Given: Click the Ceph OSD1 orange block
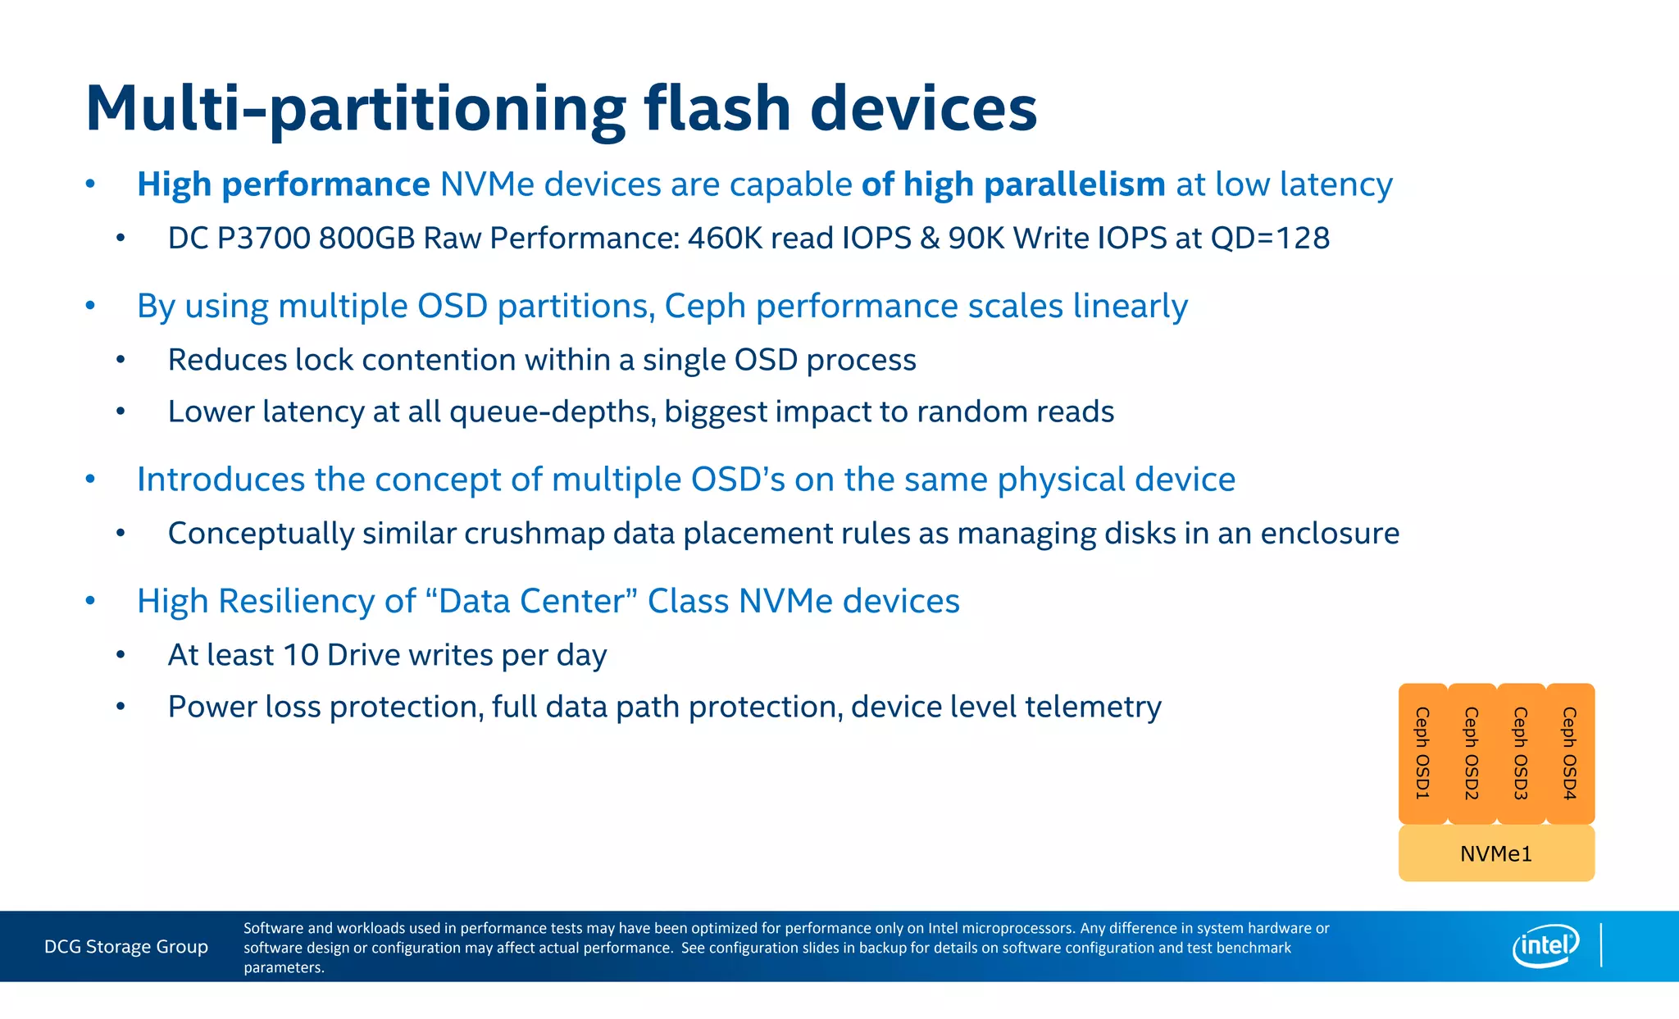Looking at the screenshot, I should coord(1422,753).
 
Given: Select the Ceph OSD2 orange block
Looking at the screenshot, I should coord(1472,753).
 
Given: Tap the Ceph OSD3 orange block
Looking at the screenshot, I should coord(1521,753).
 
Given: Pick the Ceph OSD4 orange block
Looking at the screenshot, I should coord(1570,753).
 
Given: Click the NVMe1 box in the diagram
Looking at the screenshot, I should coord(1496,853).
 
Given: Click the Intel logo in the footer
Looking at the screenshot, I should coord(1545,946).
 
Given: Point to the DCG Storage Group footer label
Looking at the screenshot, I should coord(126,947).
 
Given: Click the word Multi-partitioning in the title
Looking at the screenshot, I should coord(355,109).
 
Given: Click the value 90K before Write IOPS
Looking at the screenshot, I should coord(976,239).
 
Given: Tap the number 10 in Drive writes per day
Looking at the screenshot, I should coord(300,655).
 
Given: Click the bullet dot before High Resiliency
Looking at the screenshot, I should coord(90,601).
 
